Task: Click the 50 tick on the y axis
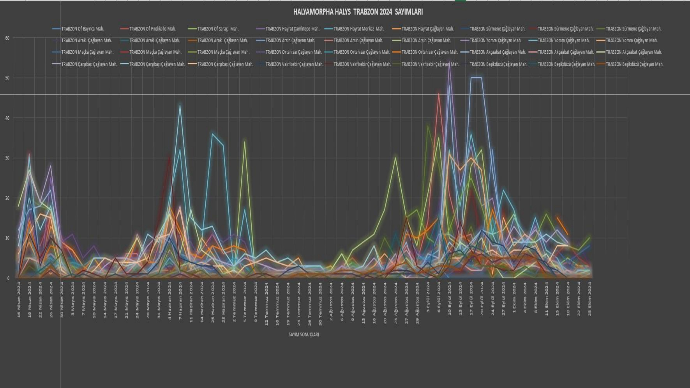pos(7,78)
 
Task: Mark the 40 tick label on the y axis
pos(7,118)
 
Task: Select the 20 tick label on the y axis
pos(7,198)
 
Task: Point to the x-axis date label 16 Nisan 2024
pos(19,299)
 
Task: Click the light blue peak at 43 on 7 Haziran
pos(180,106)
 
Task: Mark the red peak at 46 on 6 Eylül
pos(438,93)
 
